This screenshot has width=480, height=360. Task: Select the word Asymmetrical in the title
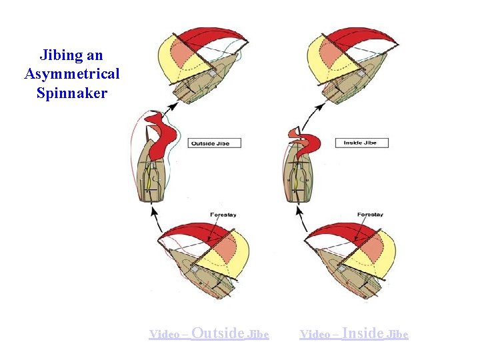[x=71, y=73]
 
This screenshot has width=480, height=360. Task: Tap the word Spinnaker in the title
[x=71, y=93]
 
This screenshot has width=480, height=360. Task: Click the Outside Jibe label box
[x=214, y=143]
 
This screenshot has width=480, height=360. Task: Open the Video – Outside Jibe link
[x=209, y=333]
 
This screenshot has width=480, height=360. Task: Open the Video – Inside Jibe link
[x=354, y=333]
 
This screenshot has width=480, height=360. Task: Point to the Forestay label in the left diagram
[x=223, y=215]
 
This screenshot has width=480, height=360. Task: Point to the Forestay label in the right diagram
[x=370, y=215]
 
